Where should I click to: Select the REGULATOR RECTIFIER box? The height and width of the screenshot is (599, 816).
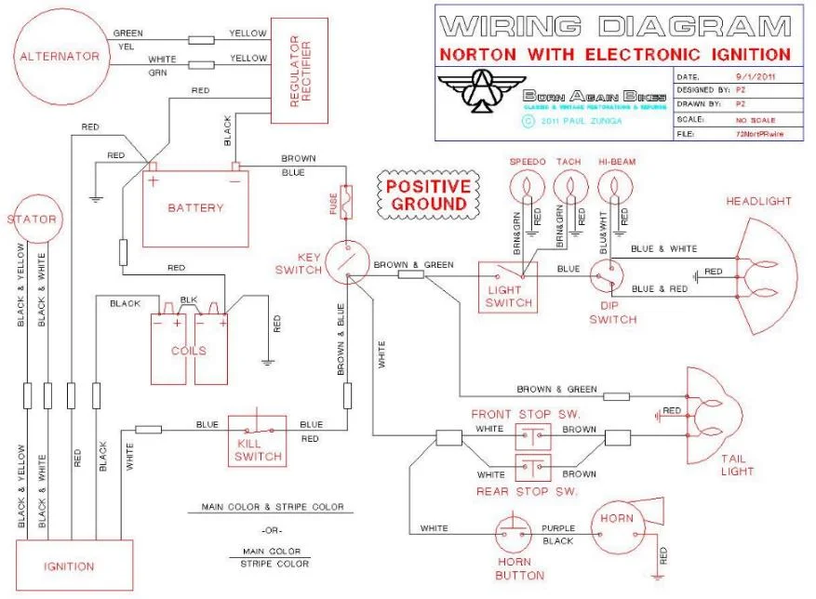300,70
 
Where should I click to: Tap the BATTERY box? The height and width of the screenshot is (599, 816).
195,207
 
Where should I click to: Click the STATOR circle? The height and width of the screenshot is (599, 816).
33,220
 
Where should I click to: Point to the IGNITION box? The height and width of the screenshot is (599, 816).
69,566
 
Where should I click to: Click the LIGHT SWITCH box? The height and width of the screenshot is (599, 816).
509,286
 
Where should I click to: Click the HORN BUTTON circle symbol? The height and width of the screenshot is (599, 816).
514,533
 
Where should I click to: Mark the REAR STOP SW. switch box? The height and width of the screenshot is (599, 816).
533,467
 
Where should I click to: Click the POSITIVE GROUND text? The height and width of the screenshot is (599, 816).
427,194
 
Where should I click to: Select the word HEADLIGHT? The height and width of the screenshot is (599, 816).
758,201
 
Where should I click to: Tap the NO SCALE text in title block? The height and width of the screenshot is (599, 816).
755,119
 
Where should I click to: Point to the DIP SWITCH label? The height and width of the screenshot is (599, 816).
613,319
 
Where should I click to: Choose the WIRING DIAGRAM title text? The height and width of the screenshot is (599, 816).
616,25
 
